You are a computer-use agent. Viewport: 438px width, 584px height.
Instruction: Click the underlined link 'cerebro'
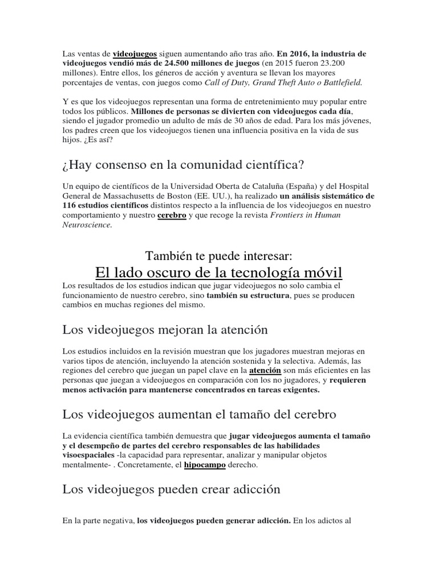(172, 215)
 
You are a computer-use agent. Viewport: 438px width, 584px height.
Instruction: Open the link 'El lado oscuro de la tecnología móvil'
(218, 271)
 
